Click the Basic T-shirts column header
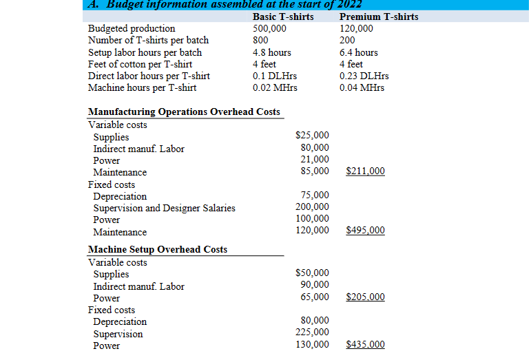click(283, 17)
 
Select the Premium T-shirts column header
click(379, 17)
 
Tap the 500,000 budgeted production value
click(269, 28)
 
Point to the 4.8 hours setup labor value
click(272, 52)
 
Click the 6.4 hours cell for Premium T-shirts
click(359, 52)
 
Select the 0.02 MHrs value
click(275, 87)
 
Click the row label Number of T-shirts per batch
click(148, 40)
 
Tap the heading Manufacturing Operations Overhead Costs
click(184, 112)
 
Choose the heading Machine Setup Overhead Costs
click(158, 249)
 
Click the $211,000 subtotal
click(365, 171)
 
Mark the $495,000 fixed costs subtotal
click(365, 231)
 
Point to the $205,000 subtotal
click(365, 297)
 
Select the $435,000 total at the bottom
click(365, 345)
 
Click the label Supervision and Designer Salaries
click(164, 208)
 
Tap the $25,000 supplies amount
click(312, 136)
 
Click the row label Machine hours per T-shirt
click(142, 87)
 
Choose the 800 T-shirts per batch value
click(261, 40)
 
